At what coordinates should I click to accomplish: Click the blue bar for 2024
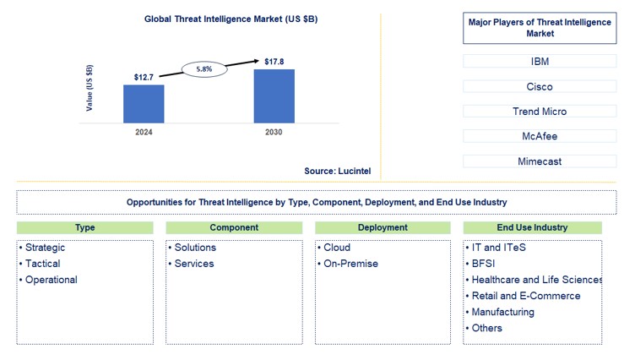click(144, 103)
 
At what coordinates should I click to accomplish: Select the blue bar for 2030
click(274, 95)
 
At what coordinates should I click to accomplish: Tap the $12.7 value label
click(144, 77)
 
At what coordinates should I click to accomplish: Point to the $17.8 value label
click(274, 61)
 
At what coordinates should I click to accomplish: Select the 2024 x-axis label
click(144, 133)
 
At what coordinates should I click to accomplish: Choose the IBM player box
click(540, 62)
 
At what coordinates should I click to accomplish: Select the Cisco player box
click(540, 86)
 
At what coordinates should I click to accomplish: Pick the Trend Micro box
click(540, 112)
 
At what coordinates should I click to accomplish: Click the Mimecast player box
click(540, 161)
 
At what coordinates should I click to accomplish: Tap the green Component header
click(234, 227)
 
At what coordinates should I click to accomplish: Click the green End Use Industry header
click(532, 227)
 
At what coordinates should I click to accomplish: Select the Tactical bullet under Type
click(42, 264)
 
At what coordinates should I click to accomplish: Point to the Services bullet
click(193, 264)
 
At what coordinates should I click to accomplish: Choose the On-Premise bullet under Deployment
click(350, 264)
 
